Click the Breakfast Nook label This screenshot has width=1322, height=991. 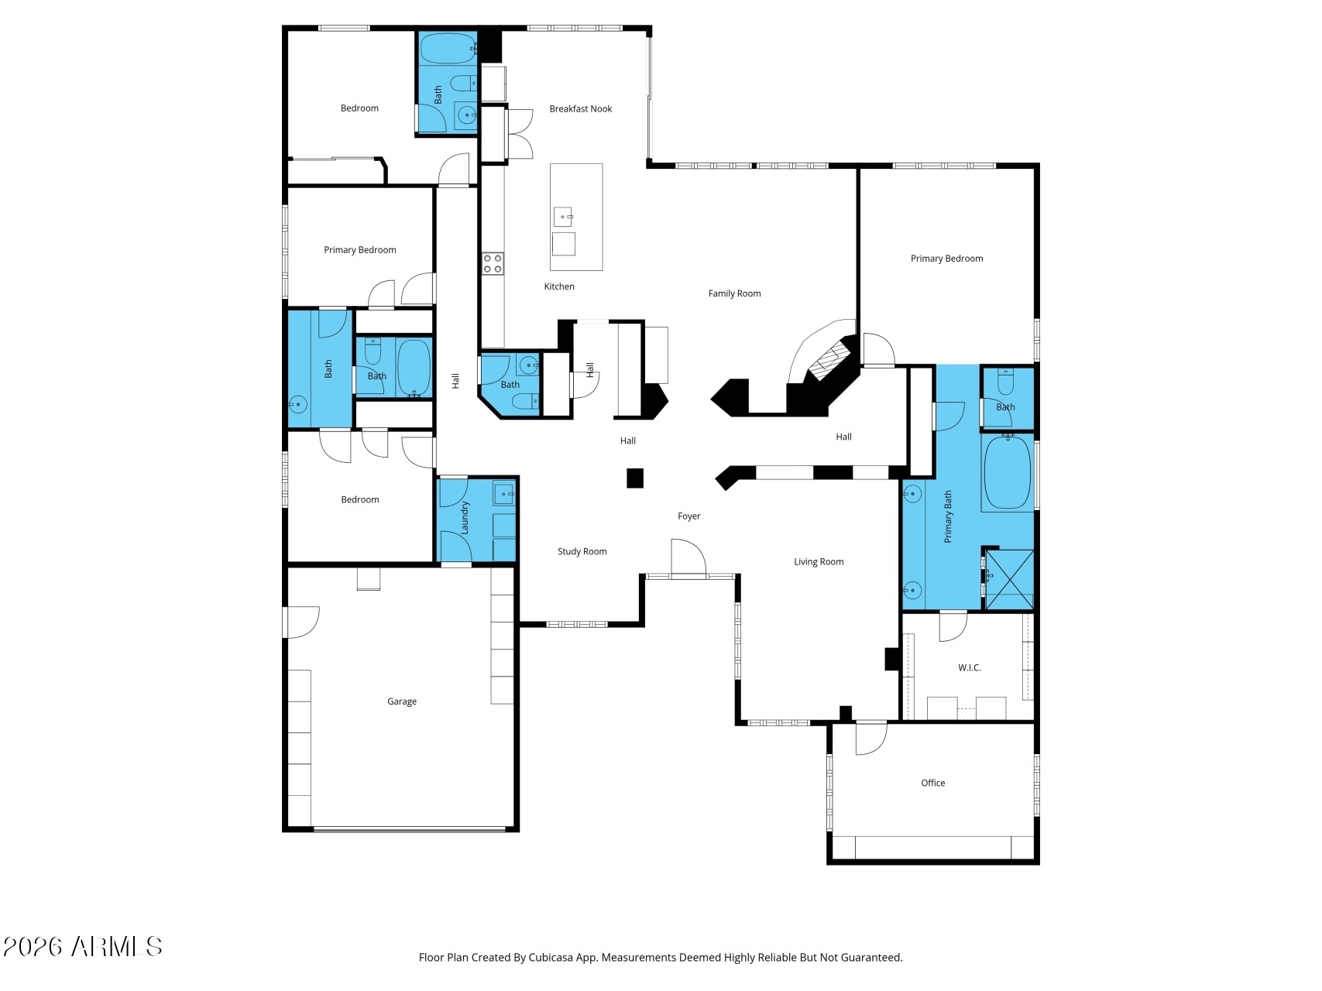pyautogui.click(x=580, y=109)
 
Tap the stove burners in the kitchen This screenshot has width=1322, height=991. pyautogui.click(x=493, y=264)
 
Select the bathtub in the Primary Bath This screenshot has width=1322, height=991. pyautogui.click(x=1007, y=473)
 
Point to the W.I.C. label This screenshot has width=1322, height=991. pyautogui.click(x=969, y=667)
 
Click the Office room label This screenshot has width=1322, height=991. pyautogui.click(x=932, y=783)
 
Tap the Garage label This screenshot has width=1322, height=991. pyautogui.click(x=401, y=701)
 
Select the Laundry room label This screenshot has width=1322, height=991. pyautogui.click(x=465, y=518)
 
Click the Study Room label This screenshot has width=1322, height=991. pyautogui.click(x=582, y=551)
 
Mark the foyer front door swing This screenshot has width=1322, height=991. pyautogui.click(x=688, y=557)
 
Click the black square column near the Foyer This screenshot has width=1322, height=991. pyautogui.click(x=634, y=478)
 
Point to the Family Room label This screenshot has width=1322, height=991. pyautogui.click(x=734, y=293)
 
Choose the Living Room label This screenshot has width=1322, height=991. pyautogui.click(x=818, y=562)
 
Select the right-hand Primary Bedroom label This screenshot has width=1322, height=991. pyautogui.click(x=946, y=259)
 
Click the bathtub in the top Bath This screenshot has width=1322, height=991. pyautogui.click(x=448, y=49)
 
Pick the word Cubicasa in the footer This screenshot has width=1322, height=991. pyautogui.click(x=550, y=958)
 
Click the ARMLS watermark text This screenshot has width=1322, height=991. pyautogui.click(x=83, y=946)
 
